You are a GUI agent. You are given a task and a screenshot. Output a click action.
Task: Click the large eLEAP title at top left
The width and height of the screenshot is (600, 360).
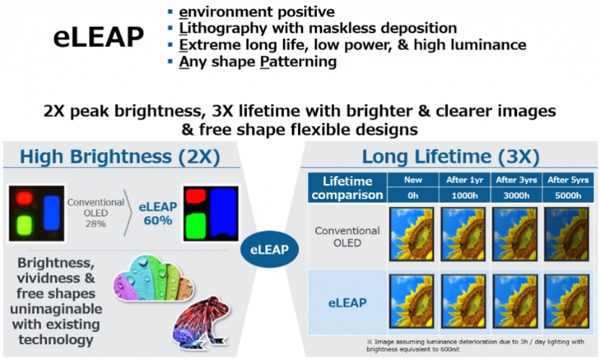point(98,37)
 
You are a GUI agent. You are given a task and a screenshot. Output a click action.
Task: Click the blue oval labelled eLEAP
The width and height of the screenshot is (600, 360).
point(269,249)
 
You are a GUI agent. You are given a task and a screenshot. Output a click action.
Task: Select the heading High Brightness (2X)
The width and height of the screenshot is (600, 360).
point(120,157)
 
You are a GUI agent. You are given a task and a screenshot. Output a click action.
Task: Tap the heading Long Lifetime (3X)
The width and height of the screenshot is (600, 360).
point(451,157)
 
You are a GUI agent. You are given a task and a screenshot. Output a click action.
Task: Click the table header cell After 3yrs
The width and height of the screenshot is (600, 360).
point(516,180)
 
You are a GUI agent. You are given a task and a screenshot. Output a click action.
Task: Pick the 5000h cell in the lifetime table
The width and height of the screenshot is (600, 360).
point(568,196)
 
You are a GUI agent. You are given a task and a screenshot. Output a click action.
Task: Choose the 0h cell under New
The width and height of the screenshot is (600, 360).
point(413,196)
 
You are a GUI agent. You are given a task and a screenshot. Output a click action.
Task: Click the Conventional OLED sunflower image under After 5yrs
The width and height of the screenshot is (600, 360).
point(567,234)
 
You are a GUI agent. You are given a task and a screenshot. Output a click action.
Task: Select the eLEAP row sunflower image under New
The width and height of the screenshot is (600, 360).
point(412,301)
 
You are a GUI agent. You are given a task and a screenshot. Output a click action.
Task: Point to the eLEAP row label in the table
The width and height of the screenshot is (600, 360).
point(347,303)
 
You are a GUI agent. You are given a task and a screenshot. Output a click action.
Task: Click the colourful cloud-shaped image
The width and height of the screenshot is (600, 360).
point(154,278)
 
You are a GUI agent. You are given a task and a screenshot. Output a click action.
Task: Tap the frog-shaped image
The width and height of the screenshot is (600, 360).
point(201,322)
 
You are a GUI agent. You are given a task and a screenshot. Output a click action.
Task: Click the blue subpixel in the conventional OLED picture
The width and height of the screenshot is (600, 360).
point(52,213)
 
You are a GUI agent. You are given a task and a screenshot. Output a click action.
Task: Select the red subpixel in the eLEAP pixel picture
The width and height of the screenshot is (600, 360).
point(196,196)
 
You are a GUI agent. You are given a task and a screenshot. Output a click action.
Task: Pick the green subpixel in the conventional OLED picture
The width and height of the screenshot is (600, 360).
point(25,225)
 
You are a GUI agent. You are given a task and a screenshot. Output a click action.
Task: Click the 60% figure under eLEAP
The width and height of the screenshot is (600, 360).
point(157,221)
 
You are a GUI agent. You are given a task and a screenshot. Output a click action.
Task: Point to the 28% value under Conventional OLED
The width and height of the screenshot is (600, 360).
point(95,224)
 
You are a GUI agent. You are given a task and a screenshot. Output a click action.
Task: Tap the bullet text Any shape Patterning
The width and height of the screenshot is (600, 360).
point(258,61)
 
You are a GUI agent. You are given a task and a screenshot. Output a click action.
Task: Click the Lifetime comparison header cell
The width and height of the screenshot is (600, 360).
point(347,188)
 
